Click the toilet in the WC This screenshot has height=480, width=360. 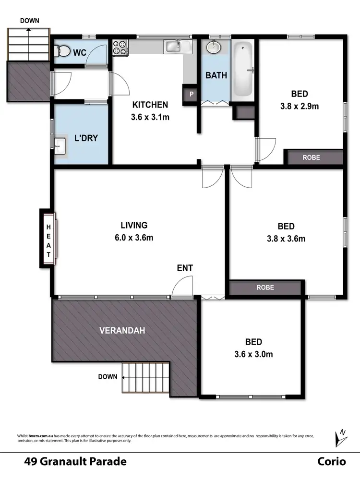coord(61,51)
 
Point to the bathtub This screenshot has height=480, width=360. coord(243,70)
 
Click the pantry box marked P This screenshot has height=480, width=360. coord(191,95)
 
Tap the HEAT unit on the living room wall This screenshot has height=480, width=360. coord(48,238)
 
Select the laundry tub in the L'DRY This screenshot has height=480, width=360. coord(59,144)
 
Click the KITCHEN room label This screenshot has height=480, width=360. coord(150,105)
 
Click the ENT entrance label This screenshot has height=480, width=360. coord(185,268)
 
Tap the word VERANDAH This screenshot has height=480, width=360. coord(122,330)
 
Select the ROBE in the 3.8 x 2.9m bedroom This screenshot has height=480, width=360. coord(311,157)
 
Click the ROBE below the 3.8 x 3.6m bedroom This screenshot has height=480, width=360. coord(265,288)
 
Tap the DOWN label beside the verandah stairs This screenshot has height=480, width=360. coord(108,377)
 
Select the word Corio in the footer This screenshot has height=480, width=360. coord(331,462)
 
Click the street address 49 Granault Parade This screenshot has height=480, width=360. coord(75,462)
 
